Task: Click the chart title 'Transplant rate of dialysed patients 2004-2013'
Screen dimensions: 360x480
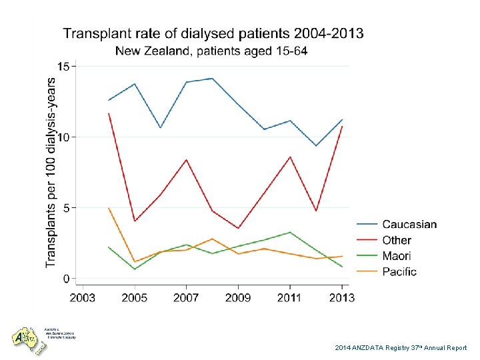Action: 213,33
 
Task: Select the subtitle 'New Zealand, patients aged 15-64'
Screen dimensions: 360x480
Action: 211,51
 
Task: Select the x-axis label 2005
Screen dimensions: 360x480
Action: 135,297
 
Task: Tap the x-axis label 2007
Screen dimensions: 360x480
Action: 186,297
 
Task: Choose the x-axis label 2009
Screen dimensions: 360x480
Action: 238,297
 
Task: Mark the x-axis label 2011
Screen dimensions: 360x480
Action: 290,297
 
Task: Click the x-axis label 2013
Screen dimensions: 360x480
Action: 341,297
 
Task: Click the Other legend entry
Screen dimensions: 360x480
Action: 397,240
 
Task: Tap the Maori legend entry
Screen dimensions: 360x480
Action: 397,256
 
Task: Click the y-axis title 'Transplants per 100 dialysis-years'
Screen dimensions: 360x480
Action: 51,172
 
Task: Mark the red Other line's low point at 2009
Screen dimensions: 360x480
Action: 238,229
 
